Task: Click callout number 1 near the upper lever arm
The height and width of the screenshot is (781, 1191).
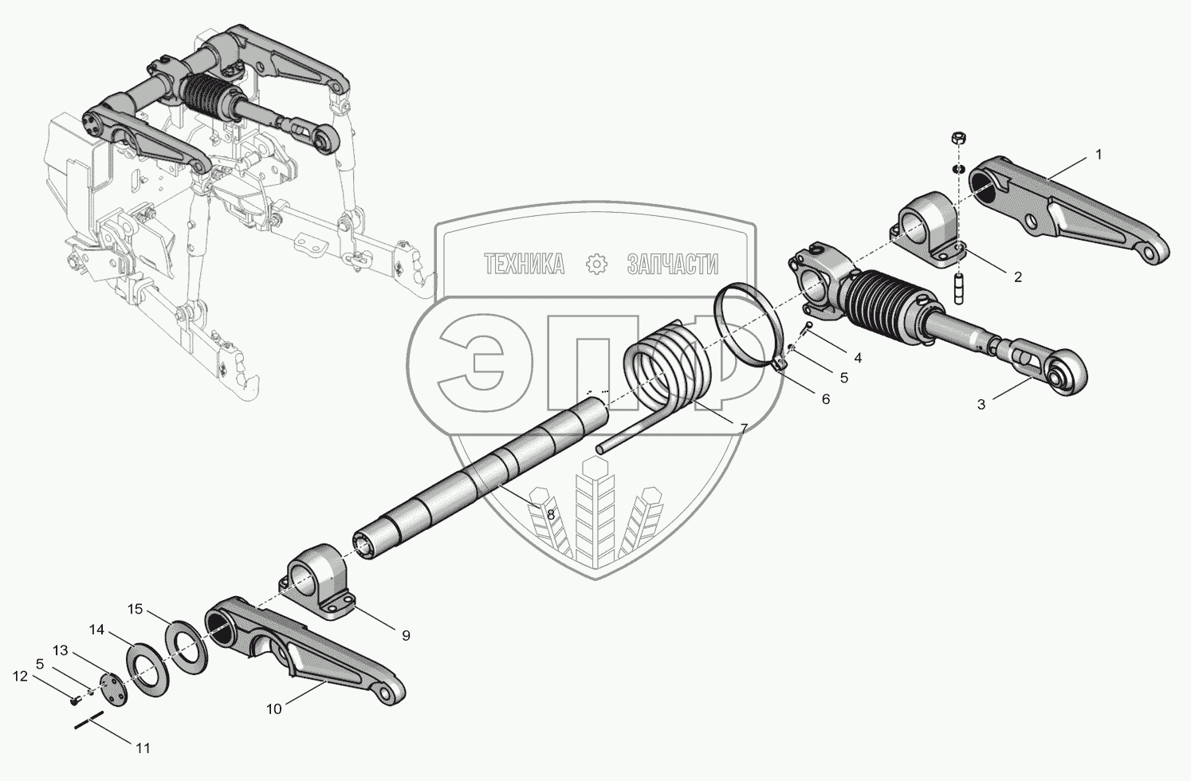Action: click(1098, 155)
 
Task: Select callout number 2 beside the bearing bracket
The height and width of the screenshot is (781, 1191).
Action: click(1017, 277)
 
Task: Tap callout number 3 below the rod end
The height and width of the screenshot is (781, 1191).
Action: click(981, 404)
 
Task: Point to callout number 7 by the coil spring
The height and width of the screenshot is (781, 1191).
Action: click(743, 428)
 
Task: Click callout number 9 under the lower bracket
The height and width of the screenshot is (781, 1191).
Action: click(405, 635)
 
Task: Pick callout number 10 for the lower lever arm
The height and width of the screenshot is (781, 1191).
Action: click(273, 708)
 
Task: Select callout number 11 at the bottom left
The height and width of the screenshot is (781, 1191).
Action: click(143, 748)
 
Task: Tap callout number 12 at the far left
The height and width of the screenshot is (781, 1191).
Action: click(20, 677)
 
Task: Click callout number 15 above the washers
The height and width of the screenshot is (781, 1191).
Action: click(135, 610)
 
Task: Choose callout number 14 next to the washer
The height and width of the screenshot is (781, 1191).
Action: click(96, 630)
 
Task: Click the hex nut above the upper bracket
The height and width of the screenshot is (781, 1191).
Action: click(960, 137)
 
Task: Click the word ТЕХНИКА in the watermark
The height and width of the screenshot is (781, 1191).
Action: click(525, 264)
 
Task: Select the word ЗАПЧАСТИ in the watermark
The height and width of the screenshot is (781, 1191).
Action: click(673, 264)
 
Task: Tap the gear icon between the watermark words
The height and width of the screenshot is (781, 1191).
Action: click(596, 264)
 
